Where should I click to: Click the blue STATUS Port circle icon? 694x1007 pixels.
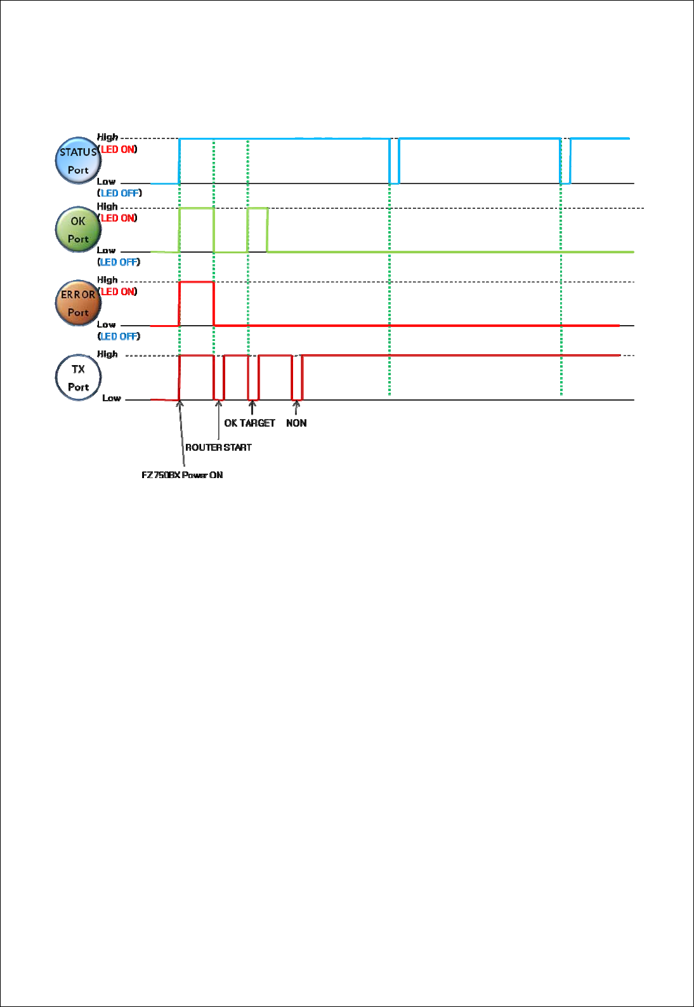click(x=78, y=161)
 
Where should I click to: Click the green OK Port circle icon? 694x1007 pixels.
click(x=78, y=229)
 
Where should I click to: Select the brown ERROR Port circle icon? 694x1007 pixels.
click(x=78, y=303)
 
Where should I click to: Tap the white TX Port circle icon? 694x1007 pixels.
click(x=78, y=377)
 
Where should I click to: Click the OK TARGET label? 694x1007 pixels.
click(x=249, y=423)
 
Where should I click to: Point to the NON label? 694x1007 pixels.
click(x=296, y=423)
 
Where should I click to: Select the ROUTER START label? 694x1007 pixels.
click(x=218, y=448)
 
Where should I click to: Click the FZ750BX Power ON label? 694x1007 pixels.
click(x=182, y=475)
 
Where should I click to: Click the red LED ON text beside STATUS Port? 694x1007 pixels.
click(x=119, y=150)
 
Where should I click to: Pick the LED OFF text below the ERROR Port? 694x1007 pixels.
click(x=119, y=337)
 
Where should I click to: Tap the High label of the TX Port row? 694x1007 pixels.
click(x=107, y=354)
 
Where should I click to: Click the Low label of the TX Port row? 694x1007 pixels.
click(x=112, y=398)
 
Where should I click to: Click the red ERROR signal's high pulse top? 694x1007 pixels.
click(x=197, y=282)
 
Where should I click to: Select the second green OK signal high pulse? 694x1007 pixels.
click(x=257, y=208)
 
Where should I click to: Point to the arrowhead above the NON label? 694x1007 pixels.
click(x=296, y=403)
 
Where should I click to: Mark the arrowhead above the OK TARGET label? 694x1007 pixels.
click(x=252, y=403)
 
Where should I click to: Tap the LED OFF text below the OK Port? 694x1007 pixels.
click(x=119, y=262)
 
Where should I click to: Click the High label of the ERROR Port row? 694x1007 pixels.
click(x=107, y=280)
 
